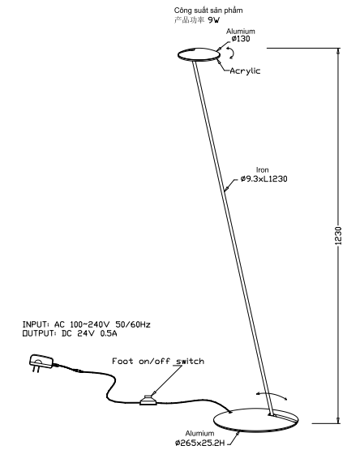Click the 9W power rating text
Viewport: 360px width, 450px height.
pos(213,20)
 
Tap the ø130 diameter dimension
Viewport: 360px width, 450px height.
pos(241,39)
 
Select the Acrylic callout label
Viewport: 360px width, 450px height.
pos(245,71)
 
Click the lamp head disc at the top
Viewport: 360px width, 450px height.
pos(199,54)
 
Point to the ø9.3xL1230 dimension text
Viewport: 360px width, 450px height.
pos(264,179)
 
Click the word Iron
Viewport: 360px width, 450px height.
pos(262,170)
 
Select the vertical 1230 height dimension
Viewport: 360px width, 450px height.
pos(338,236)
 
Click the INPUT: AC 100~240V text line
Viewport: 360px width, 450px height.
pos(86,324)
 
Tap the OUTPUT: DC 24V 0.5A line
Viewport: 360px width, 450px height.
pos(70,333)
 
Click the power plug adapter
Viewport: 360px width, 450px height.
pos(41,362)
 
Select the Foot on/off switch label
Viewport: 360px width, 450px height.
pos(158,361)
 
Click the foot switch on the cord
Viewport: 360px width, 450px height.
pos(148,401)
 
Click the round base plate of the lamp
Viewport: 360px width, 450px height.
pos(256,420)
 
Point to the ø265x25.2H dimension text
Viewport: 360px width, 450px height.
pos(200,443)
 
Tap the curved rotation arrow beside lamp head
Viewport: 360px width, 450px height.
pos(231,52)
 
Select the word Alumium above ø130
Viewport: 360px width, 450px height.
pos(241,32)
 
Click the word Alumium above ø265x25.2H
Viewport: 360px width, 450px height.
pos(199,433)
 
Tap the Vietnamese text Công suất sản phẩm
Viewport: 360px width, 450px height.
pos(208,11)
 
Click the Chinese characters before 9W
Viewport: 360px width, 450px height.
pos(190,20)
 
